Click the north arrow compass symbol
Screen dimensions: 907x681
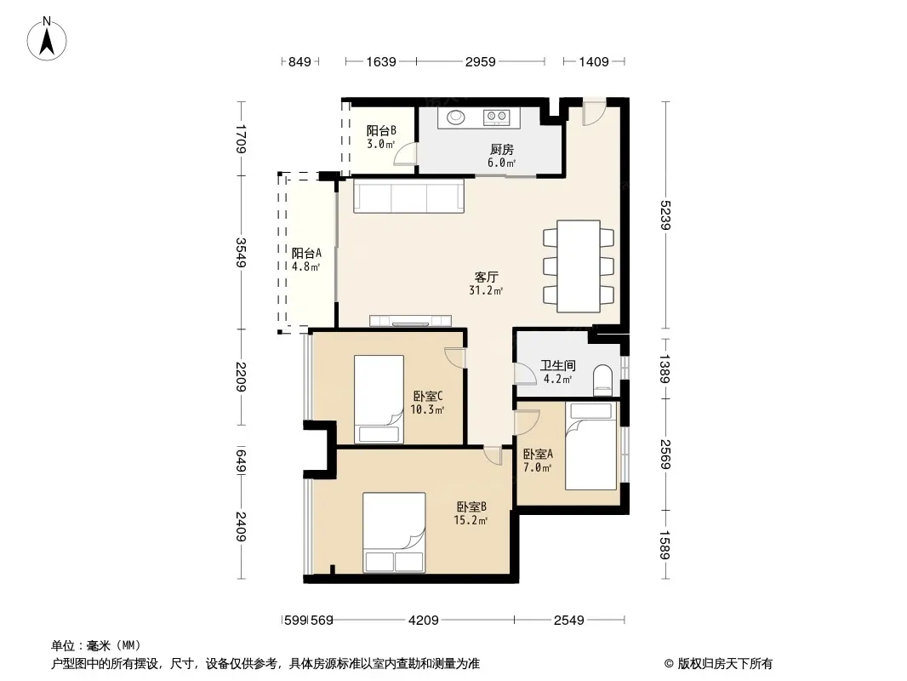[47, 39]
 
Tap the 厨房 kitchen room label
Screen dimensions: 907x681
[501, 150]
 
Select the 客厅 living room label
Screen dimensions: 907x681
[486, 278]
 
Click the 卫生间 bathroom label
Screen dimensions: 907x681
[557, 366]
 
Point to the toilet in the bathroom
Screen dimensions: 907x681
[602, 381]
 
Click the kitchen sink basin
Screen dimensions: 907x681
[456, 117]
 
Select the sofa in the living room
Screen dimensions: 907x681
[408, 196]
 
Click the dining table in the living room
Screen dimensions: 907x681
[579, 266]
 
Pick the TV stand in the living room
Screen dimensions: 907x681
[410, 321]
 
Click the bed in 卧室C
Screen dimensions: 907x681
[379, 399]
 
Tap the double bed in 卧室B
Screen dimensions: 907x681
[394, 532]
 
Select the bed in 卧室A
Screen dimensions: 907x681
[590, 446]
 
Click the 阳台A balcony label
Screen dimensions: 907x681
[306, 253]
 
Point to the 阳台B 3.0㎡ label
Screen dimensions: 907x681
[381, 137]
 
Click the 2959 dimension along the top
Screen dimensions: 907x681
[480, 61]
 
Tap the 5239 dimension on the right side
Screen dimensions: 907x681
[665, 215]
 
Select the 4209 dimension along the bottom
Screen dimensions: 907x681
[424, 621]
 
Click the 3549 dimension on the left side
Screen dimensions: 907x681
[241, 252]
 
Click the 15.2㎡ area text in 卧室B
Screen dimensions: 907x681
[471, 520]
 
